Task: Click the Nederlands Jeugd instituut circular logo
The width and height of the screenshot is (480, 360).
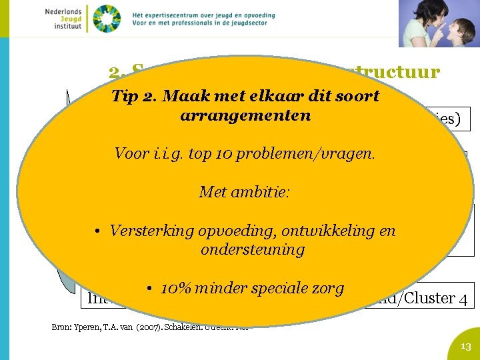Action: (107, 19)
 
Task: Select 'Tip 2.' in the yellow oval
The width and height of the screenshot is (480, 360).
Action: (131, 95)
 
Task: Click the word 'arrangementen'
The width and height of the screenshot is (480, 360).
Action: (245, 115)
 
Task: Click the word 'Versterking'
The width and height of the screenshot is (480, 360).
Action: (150, 231)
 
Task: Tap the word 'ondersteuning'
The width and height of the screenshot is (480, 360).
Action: (253, 249)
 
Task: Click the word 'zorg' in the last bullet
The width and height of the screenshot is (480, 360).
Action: (328, 288)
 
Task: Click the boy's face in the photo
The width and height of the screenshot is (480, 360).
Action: (455, 31)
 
